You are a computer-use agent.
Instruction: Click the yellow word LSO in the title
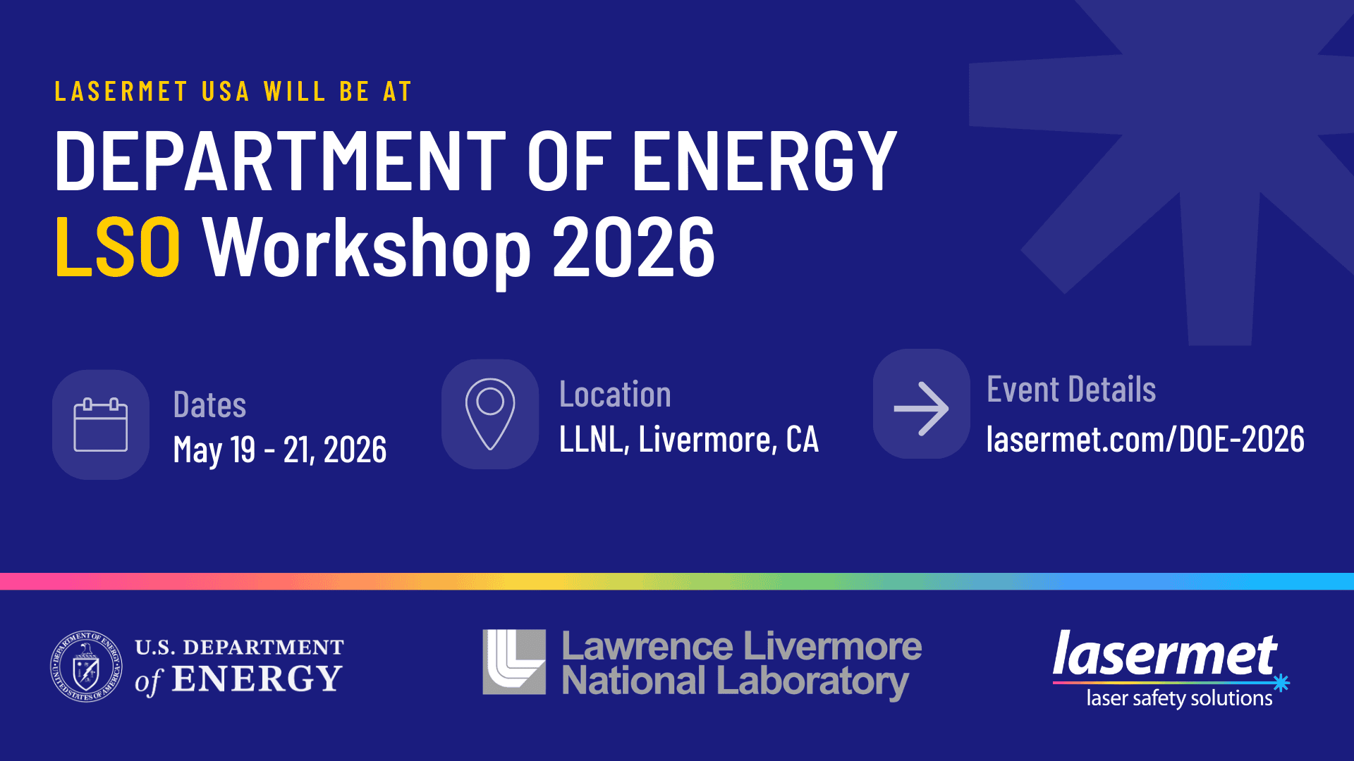(118, 247)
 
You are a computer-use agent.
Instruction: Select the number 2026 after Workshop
(633, 247)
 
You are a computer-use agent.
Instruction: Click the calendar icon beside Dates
(101, 425)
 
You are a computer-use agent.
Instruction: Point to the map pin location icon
(490, 414)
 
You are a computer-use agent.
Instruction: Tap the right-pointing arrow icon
(921, 409)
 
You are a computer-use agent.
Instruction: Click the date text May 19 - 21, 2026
(280, 450)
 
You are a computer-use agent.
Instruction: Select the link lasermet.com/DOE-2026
(1145, 440)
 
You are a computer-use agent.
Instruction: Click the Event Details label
(1071, 390)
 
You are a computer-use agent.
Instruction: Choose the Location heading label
(615, 395)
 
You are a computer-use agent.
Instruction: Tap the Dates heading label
(209, 405)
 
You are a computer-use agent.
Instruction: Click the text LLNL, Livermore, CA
(688, 440)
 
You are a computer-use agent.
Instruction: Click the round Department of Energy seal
(86, 666)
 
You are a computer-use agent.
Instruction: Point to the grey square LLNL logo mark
(514, 662)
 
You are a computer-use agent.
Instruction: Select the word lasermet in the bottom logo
(1164, 655)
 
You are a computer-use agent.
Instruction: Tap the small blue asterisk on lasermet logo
(1281, 682)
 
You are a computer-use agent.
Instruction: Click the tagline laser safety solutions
(1179, 698)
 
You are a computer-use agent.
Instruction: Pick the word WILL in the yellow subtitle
(295, 92)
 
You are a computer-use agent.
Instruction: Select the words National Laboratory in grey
(735, 682)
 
